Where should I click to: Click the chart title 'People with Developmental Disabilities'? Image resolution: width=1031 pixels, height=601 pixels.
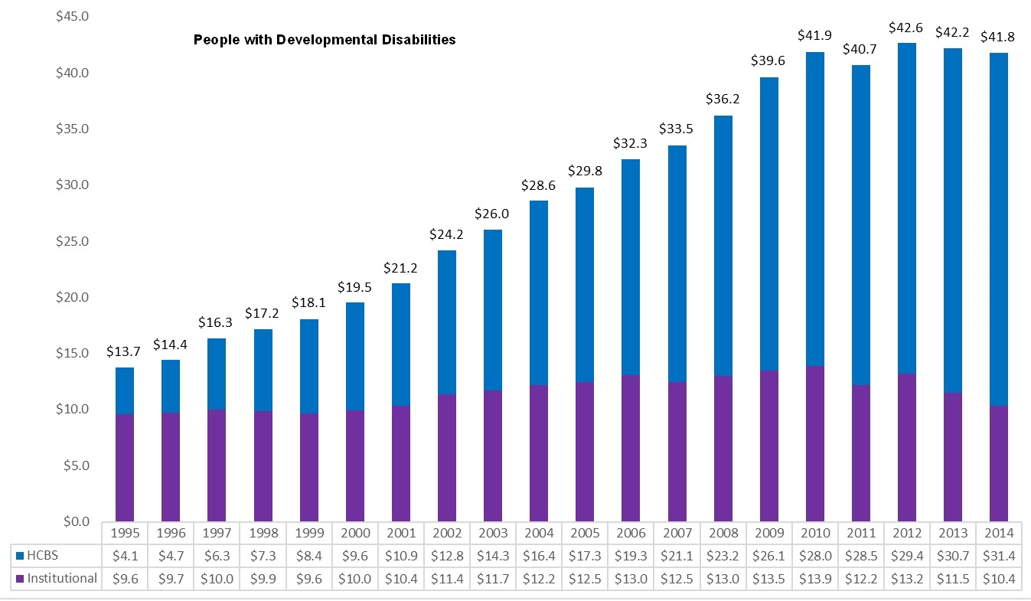(325, 39)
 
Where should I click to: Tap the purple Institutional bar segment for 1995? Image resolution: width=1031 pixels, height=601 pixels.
(125, 468)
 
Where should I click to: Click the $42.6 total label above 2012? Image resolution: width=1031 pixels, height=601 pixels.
(906, 28)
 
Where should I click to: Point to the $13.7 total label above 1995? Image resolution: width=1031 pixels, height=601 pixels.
(125, 352)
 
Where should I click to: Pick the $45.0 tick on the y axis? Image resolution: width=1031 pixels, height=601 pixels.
(73, 17)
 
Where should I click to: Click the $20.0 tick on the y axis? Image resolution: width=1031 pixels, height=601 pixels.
(73, 297)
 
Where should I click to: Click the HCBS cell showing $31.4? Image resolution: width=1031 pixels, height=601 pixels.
(998, 556)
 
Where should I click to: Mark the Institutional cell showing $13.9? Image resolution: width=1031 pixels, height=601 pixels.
(814, 579)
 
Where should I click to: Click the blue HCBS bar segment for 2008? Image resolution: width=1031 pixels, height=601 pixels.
(723, 246)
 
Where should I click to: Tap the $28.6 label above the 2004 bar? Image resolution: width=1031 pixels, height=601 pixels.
(538, 185)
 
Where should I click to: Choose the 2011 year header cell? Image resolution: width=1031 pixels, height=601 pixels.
(860, 533)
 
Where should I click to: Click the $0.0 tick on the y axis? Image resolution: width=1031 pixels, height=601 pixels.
(75, 521)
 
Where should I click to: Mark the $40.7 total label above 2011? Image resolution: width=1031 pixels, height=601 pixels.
(860, 50)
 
